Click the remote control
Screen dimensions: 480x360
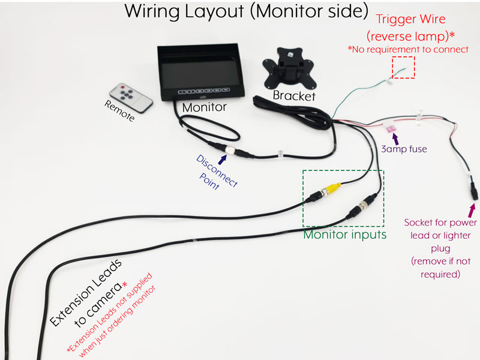point(131,97)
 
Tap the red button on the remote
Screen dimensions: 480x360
point(123,87)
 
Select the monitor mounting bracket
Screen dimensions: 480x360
point(289,68)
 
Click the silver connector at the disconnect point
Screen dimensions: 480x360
point(230,150)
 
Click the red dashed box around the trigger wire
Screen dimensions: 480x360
point(403,67)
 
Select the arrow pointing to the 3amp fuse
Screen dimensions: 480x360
point(395,139)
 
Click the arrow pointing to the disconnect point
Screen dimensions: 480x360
point(223,159)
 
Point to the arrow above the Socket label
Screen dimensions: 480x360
point(472,211)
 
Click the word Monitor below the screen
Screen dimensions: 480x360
point(204,107)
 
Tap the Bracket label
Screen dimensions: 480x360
point(294,95)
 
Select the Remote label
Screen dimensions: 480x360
point(119,110)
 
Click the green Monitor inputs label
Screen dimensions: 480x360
point(344,235)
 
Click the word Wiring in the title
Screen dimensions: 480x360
point(152,11)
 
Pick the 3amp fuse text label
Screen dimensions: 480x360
point(404,149)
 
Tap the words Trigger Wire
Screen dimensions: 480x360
point(410,19)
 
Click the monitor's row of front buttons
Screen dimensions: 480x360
point(203,91)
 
